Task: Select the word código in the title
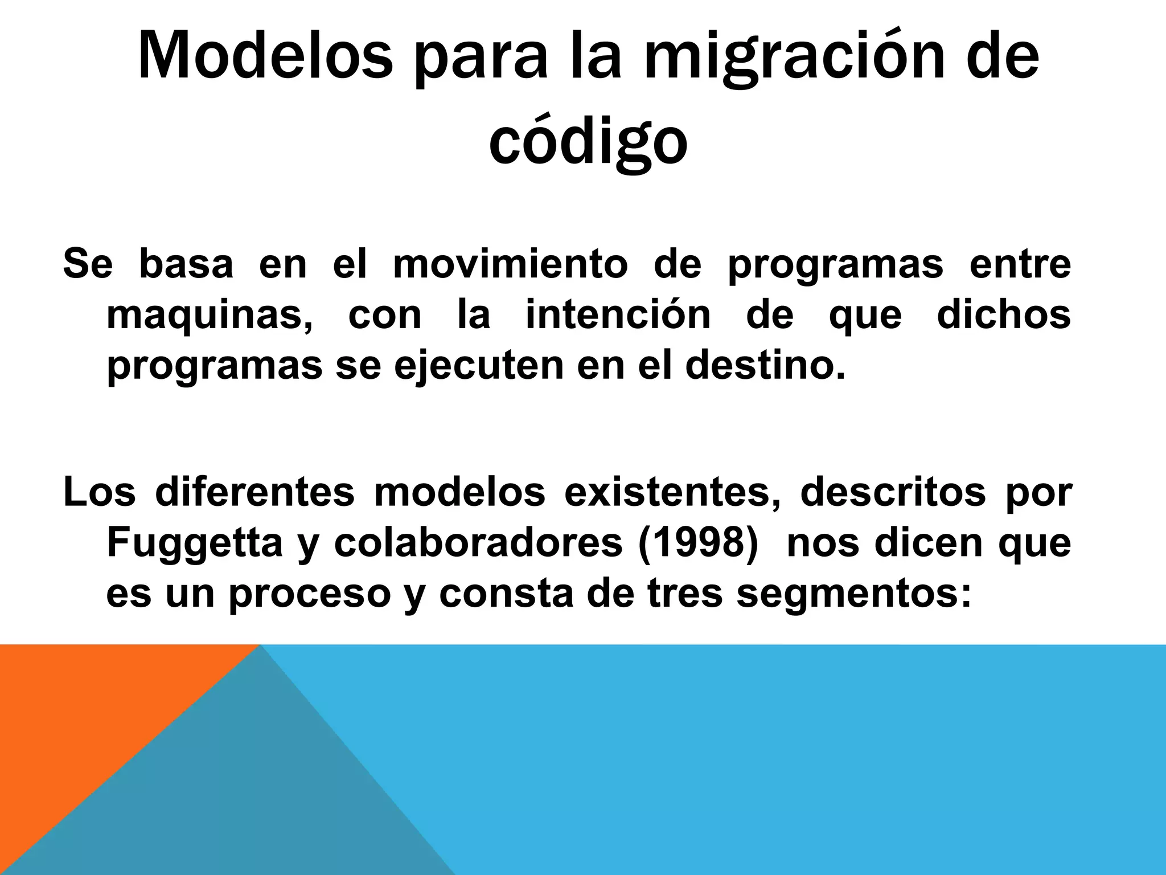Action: [x=588, y=142]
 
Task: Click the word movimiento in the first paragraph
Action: [x=510, y=264]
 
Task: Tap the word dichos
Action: [x=1003, y=314]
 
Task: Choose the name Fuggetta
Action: [x=195, y=543]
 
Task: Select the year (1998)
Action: [x=699, y=543]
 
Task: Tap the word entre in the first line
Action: [x=1019, y=264]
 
